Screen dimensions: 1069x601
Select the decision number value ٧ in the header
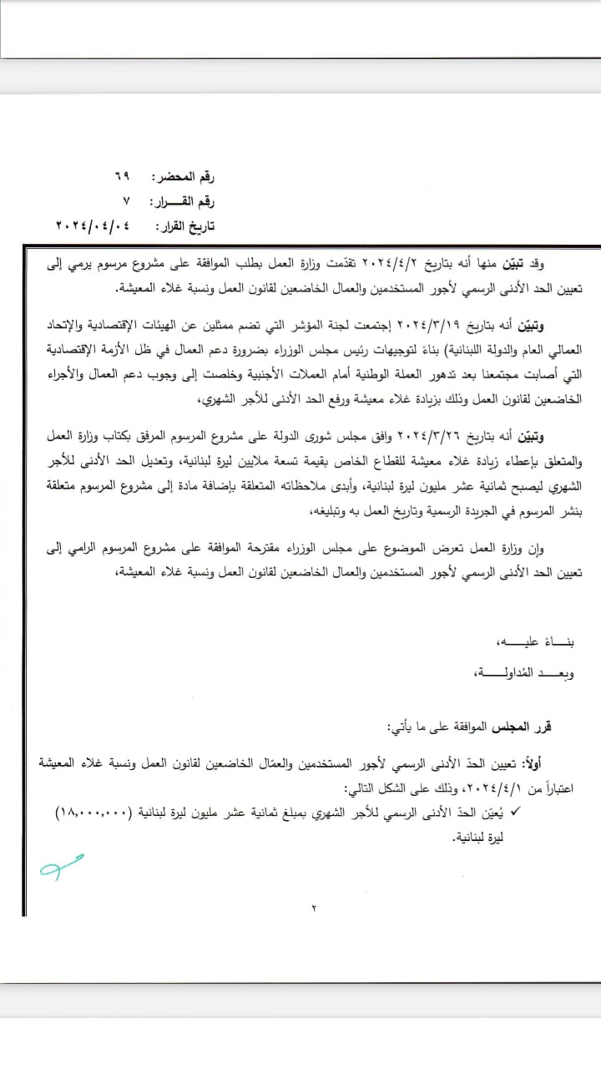tap(126, 202)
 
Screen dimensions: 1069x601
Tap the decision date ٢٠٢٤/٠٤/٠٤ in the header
tap(95, 226)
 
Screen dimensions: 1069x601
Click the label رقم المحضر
tap(186, 178)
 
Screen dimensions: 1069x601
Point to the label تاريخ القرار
tap(186, 226)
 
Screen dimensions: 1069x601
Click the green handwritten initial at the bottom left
tap(60, 866)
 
